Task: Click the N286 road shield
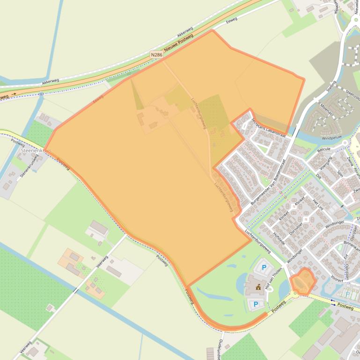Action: click(157, 55)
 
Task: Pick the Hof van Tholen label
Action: click(269, 281)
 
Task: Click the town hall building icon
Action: click(257, 287)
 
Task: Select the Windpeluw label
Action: click(333, 138)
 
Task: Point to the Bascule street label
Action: click(323, 150)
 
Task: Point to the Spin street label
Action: click(340, 174)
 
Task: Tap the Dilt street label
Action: click(318, 176)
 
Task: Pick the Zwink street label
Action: click(350, 161)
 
